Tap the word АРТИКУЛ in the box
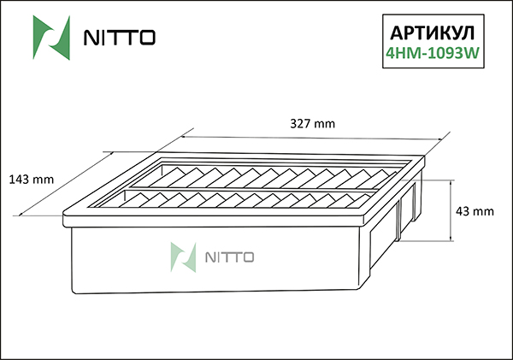433,32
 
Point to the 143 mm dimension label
31,180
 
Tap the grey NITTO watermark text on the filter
226,257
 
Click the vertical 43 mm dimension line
451,210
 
